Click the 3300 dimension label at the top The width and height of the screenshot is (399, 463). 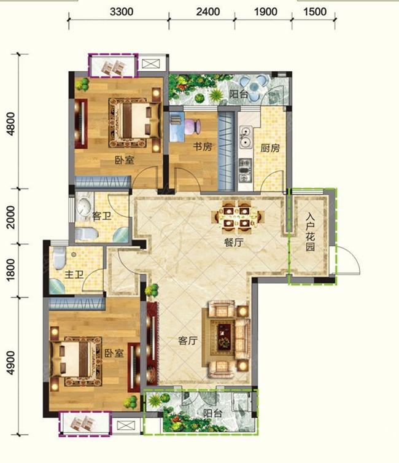coord(122,12)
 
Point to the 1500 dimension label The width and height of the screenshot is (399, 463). coord(314,12)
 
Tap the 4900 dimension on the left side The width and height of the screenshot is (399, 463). coord(10,363)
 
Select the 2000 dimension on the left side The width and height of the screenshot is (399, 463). coord(10,217)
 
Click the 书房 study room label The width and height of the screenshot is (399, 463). coord(203,147)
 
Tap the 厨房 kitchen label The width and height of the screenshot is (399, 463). coord(269,148)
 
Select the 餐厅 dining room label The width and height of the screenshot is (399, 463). coord(234,243)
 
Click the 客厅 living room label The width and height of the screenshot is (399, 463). coord(188,341)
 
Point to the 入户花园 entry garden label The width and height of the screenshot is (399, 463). coord(310,232)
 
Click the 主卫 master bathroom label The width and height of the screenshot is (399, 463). coord(74,274)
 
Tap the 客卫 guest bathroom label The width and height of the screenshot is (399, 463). coord(101,216)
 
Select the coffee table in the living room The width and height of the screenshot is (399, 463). coord(224,337)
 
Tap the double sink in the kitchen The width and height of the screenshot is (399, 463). coord(246,137)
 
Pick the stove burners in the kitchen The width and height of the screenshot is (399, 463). coord(245,170)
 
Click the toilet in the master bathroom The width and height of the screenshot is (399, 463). coord(60,258)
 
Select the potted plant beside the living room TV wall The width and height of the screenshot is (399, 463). coord(152,290)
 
